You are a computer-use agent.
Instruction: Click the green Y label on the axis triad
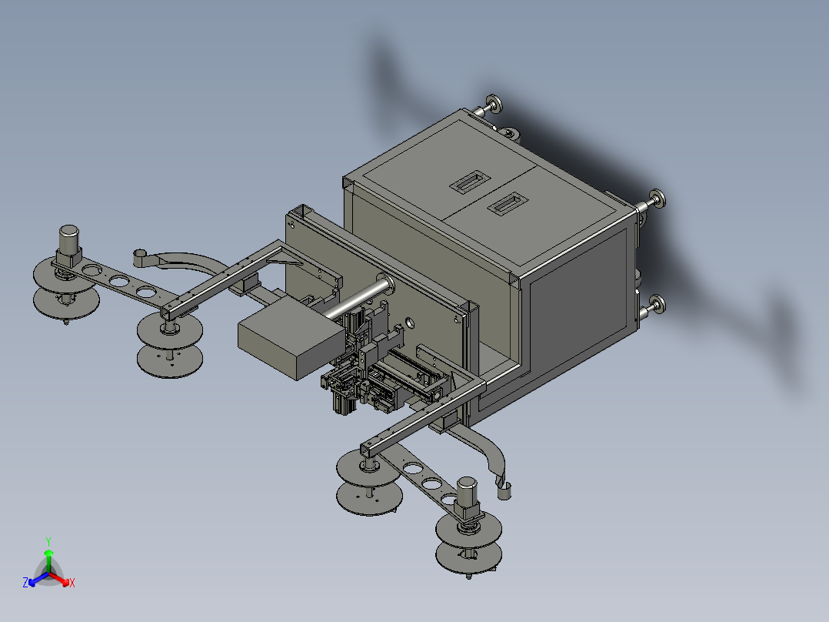coord(48,541)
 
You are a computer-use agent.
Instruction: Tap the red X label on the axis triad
coord(72,584)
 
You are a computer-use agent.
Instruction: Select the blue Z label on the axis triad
coord(25,584)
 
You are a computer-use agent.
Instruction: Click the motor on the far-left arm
coord(69,241)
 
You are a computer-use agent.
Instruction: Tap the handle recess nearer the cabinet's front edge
coord(504,205)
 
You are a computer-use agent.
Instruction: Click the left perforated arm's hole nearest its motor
coord(92,271)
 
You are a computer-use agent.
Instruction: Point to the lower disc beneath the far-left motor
coord(65,302)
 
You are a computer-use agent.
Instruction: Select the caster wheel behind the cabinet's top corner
coord(510,135)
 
